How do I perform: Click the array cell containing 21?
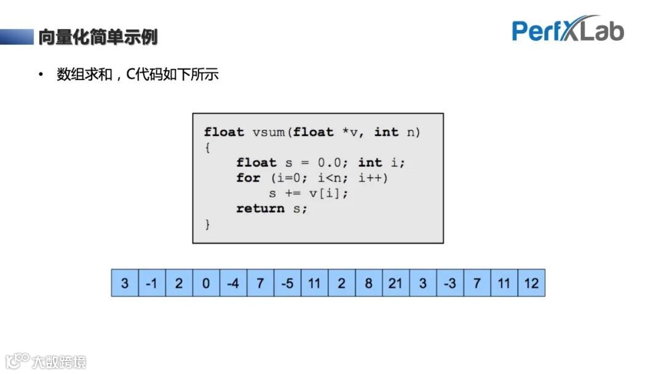395,284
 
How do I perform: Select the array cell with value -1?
151,284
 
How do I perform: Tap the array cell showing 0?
205,284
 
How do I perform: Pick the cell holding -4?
232,284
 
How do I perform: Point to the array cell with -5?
287,284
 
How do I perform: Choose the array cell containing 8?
368,284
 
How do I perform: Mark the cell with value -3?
449,284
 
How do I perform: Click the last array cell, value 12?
531,284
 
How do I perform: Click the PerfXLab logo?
567,30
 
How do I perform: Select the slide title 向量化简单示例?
98,37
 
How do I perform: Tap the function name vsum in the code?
269,132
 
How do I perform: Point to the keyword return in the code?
260,209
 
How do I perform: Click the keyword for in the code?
248,178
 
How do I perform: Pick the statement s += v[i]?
308,193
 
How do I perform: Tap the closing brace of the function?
208,225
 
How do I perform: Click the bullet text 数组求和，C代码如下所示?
137,75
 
